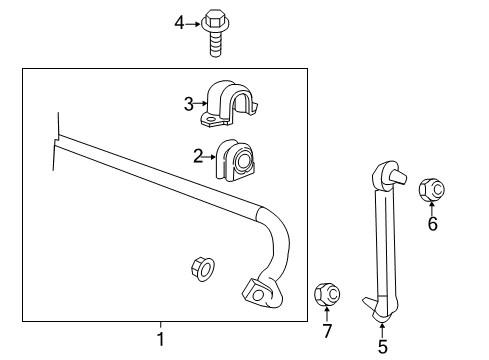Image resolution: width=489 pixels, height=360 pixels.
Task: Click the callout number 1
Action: pos(159,339)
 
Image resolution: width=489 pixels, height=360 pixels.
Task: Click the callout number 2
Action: pos(198,154)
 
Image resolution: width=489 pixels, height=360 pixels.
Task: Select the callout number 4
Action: pos(180,21)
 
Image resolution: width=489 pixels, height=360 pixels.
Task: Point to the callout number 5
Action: pos(382,346)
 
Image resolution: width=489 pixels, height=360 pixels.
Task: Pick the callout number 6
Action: pos(432,225)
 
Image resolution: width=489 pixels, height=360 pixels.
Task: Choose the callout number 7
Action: pos(326,330)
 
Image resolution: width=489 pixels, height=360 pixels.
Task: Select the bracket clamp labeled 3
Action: pos(231,104)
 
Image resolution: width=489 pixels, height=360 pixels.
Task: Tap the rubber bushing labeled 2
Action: pos(236,159)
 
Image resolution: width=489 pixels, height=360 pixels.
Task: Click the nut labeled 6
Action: pos(432,187)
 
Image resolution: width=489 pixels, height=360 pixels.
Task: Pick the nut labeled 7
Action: pos(327,294)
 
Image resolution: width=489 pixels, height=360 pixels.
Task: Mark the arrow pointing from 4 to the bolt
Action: pos(194,22)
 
